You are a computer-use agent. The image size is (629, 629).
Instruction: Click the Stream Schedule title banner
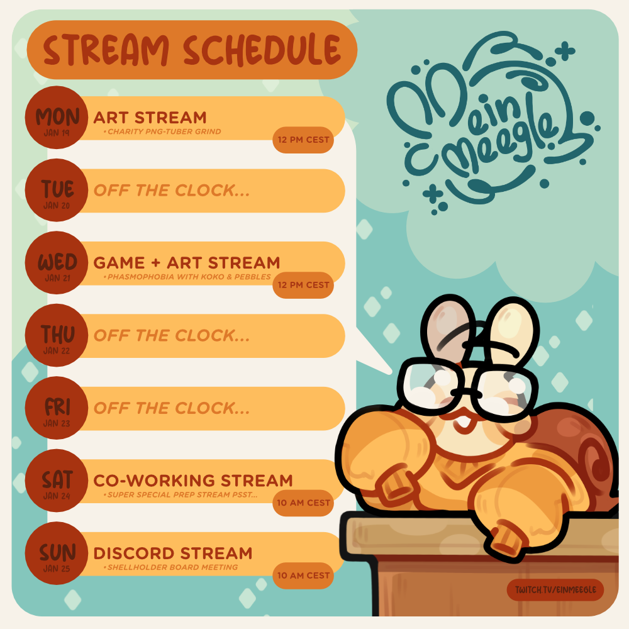click(192, 50)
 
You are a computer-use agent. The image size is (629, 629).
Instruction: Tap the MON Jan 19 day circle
click(57, 118)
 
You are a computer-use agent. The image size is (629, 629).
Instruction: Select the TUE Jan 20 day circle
click(57, 190)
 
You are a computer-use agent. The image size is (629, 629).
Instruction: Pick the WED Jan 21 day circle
click(57, 263)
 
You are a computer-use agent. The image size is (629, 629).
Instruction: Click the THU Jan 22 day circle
click(57, 335)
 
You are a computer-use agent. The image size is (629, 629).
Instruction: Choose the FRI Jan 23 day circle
click(57, 408)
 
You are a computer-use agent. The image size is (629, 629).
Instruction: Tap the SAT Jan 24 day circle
click(57, 481)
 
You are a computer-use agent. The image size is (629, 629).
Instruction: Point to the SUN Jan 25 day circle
click(57, 553)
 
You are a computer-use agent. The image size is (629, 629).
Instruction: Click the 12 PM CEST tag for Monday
click(303, 140)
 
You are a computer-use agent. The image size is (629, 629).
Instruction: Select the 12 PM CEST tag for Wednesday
click(303, 285)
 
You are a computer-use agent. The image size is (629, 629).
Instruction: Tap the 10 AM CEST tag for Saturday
click(303, 503)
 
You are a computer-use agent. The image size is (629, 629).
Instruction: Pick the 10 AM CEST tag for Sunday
click(303, 576)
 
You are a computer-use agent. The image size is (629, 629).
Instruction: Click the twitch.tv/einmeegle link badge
click(555, 590)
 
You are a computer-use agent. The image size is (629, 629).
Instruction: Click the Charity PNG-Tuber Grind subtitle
click(162, 131)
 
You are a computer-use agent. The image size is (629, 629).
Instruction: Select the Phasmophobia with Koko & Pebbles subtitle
click(187, 277)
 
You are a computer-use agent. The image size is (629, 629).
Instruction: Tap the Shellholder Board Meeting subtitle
click(171, 567)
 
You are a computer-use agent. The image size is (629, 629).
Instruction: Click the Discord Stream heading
click(173, 554)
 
